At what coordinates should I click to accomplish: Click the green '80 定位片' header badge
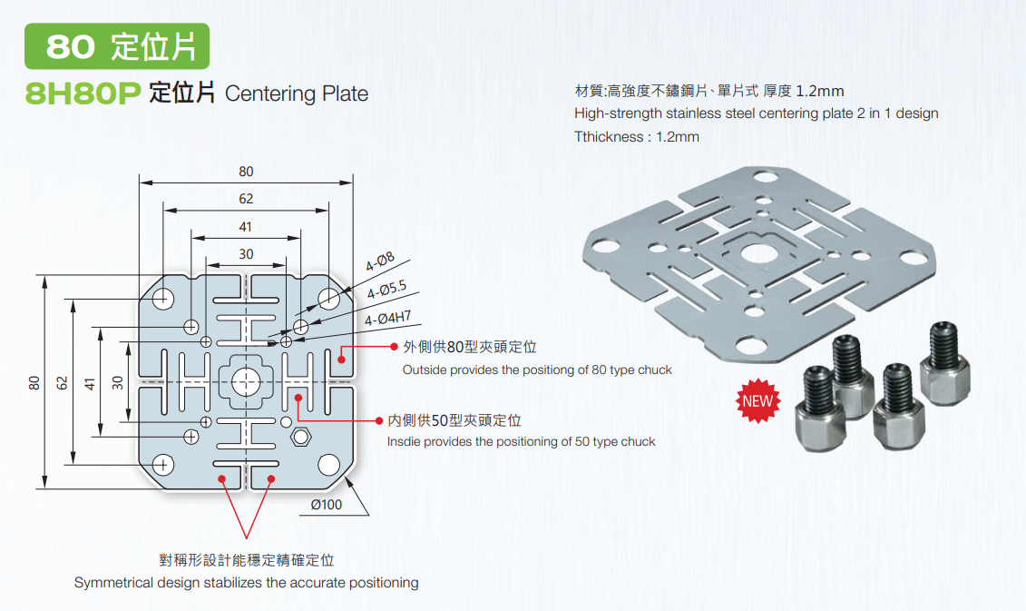coord(117,47)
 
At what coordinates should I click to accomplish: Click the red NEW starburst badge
coord(758,401)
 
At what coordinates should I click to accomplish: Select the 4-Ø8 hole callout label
coord(380,264)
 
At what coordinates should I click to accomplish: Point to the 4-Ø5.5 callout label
coord(387,291)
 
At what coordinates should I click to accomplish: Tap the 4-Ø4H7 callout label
coord(388,318)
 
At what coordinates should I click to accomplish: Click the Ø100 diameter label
coord(326,504)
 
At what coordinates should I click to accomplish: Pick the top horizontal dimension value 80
coord(246,172)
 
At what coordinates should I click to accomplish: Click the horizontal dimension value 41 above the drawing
coord(246,226)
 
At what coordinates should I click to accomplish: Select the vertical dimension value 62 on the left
coord(63,381)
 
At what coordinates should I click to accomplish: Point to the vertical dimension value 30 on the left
coord(118,381)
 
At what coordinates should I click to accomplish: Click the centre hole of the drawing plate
coord(245,382)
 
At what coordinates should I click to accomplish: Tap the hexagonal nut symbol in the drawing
coord(300,437)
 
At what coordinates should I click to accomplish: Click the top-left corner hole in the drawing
coord(163,298)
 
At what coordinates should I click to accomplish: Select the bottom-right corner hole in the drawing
coord(328,465)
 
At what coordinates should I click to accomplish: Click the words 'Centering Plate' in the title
coord(297,94)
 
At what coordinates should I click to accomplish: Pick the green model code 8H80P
coord(81,94)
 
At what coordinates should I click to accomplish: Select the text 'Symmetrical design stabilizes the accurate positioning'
coord(246,582)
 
